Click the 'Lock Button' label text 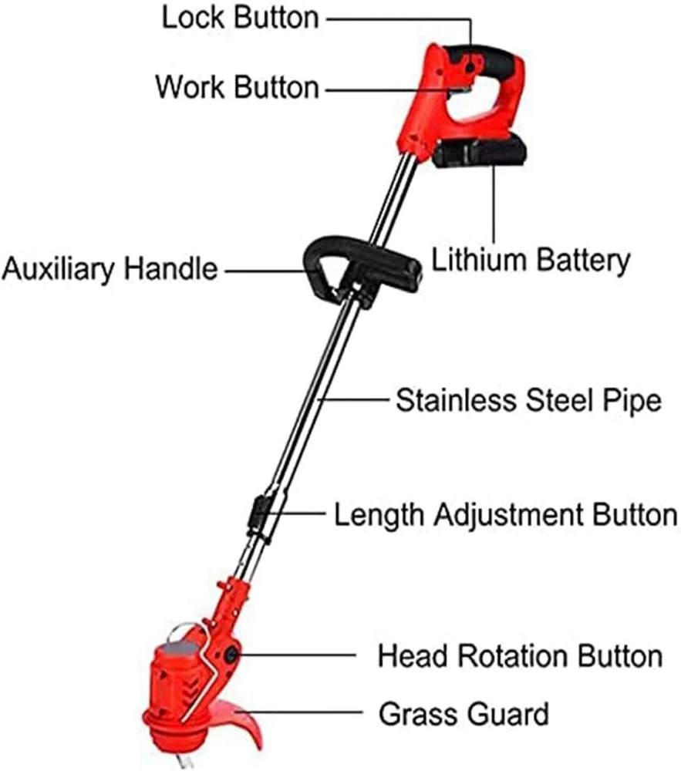tap(241, 18)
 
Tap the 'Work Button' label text tap(238, 87)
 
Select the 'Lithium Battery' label tap(531, 261)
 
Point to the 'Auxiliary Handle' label tap(110, 270)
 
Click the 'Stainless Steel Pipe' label tap(528, 401)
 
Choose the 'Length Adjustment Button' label tap(506, 515)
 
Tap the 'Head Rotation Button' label tap(521, 656)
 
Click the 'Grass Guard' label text tap(464, 714)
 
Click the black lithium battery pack tap(480, 152)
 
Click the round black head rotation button tap(231, 655)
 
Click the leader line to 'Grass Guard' tap(299, 712)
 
